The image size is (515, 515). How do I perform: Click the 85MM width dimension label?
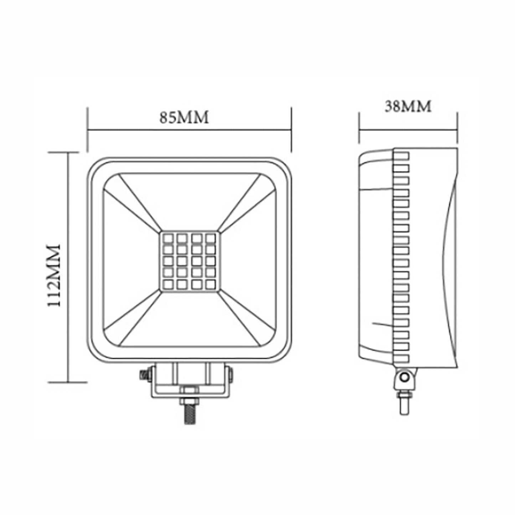184,117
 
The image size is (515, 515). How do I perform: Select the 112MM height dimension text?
55,275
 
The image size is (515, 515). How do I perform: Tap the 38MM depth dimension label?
408,106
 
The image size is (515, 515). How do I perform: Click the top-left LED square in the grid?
168,238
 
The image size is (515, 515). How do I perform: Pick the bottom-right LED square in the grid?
211,284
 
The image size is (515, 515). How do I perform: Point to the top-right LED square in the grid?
211,238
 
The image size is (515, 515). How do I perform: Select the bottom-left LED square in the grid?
168,284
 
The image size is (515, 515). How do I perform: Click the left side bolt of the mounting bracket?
144,375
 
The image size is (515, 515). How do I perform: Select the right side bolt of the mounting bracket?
232,375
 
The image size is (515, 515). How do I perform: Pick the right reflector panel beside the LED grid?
248,260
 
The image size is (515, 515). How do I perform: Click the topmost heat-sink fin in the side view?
401,156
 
